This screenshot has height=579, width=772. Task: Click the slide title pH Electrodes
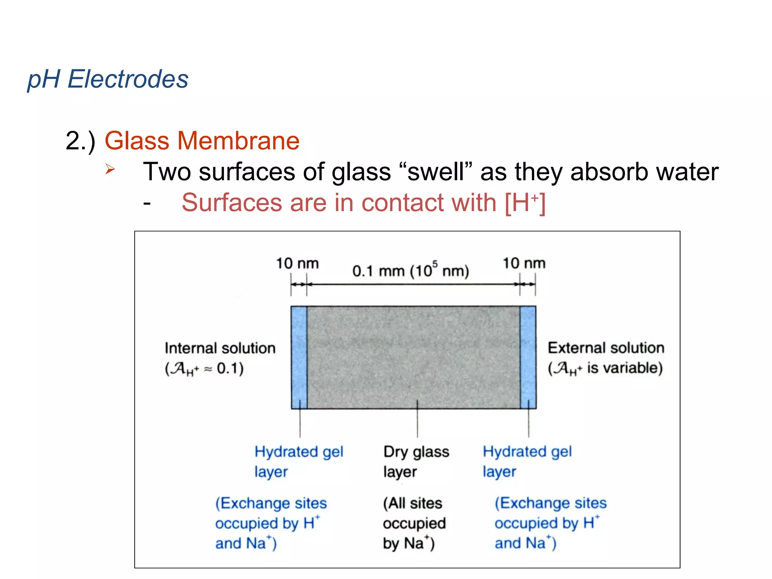tap(108, 80)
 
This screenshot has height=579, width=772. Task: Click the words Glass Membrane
tap(202, 141)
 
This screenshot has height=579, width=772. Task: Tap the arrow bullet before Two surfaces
tap(110, 169)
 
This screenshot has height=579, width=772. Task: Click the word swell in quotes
tap(435, 172)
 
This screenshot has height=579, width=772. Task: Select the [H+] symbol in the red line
tap(525, 203)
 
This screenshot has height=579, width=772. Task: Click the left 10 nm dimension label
tap(297, 263)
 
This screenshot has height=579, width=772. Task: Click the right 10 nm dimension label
tap(524, 263)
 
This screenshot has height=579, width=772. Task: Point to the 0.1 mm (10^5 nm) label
tap(411, 270)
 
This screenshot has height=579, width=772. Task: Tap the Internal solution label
tap(220, 348)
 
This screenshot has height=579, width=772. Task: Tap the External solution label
tap(606, 348)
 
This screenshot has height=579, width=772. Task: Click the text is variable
tap(624, 368)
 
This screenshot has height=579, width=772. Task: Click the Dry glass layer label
tap(416, 461)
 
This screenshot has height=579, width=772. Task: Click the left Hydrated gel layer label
tap(298, 461)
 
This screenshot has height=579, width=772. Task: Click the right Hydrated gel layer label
tap(527, 461)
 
